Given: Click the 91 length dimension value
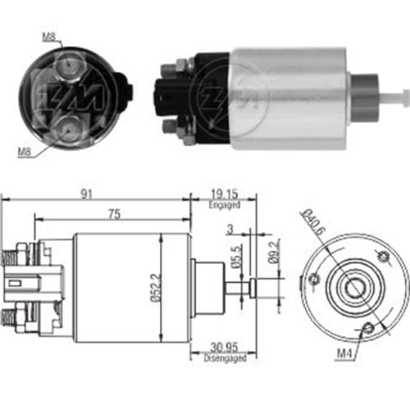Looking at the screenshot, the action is pyautogui.click(x=86, y=194).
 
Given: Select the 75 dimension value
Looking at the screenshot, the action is pyautogui.click(x=114, y=214).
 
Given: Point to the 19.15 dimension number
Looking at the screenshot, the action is pyautogui.click(x=225, y=194).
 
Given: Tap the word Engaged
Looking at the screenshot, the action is pyautogui.click(x=225, y=205).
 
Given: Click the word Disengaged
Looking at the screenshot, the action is pyautogui.click(x=225, y=358).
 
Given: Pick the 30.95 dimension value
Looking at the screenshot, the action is pyautogui.click(x=224, y=348).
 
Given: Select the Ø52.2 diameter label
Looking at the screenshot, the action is pyautogui.click(x=157, y=288).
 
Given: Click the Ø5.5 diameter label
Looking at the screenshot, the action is pyautogui.click(x=238, y=257).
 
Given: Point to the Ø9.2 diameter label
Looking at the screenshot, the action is pyautogui.click(x=274, y=251).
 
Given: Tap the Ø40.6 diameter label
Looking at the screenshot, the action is pyautogui.click(x=312, y=222).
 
